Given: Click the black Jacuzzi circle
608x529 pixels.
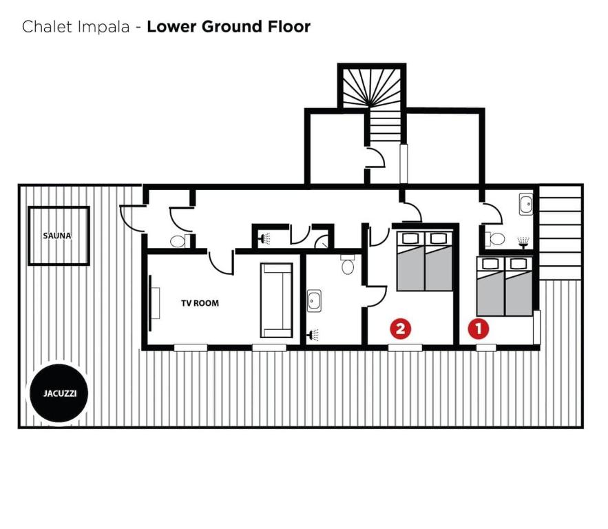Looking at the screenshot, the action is [x=59, y=393].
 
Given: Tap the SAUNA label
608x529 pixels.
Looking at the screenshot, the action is [x=57, y=236].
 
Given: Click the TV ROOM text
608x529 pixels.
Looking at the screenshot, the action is [x=200, y=303].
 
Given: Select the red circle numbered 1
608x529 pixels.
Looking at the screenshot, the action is [x=479, y=329].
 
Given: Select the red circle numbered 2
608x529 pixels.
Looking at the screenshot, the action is [x=401, y=329].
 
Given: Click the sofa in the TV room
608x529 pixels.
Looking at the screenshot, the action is [x=277, y=300].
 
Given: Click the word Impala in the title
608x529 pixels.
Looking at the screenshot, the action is [x=103, y=27].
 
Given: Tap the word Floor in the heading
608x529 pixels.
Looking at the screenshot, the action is [x=289, y=26].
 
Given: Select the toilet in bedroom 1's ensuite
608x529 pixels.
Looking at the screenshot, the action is [x=495, y=239].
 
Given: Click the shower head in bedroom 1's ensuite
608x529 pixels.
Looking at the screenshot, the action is [x=523, y=242].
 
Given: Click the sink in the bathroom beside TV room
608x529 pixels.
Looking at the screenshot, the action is [x=314, y=300].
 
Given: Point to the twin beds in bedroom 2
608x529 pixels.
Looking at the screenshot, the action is [x=425, y=260].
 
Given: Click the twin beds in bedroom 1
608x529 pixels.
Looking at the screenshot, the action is [x=505, y=286].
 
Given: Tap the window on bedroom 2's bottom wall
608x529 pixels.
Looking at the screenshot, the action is [x=405, y=347].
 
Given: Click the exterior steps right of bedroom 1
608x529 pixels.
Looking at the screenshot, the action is [x=560, y=232].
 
